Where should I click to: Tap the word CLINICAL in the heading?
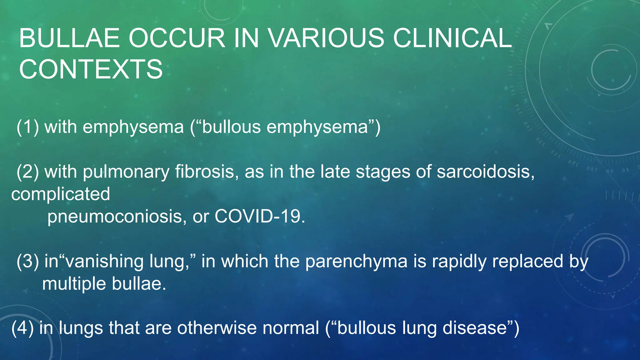point(452,38)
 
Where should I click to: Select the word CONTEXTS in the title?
point(91,69)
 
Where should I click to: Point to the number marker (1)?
point(28,127)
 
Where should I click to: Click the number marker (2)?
point(28,172)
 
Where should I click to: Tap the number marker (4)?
point(22,328)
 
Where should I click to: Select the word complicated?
point(61,194)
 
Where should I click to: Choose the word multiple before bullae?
point(74,284)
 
